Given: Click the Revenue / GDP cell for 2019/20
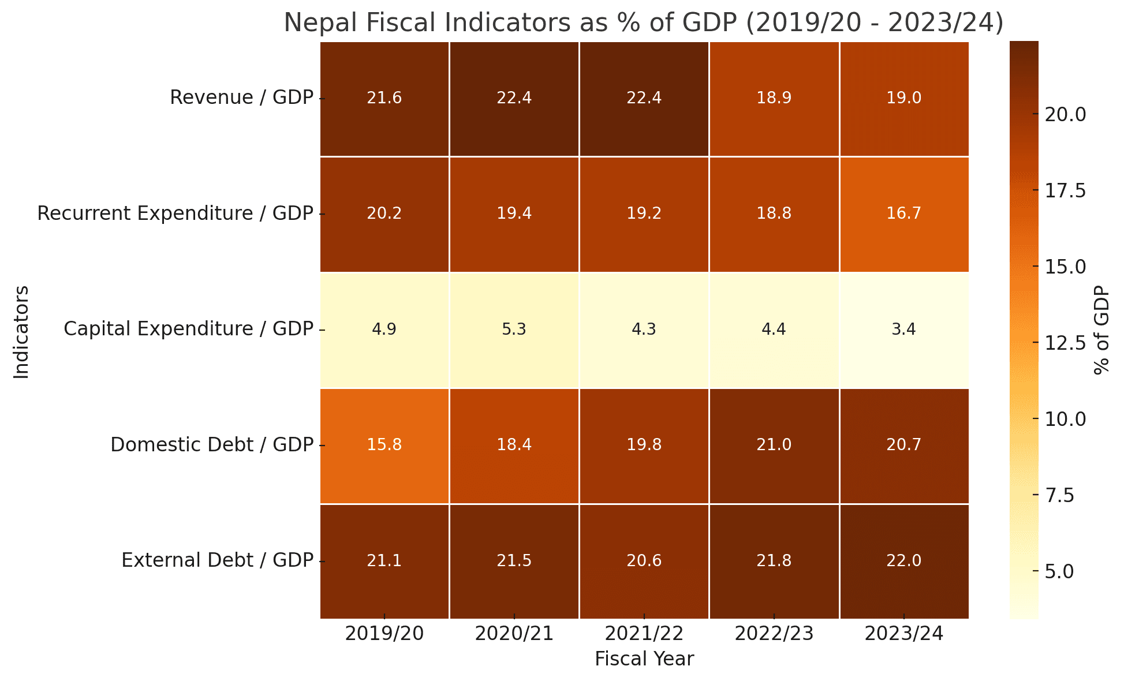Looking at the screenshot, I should point(384,98).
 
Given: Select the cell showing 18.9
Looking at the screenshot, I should point(774,98).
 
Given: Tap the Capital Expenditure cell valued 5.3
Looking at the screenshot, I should point(514,330).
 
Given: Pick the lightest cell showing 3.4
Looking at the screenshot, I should point(903,330).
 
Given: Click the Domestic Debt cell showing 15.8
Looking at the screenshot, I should point(384,446).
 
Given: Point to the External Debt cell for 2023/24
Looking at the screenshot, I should point(903,561).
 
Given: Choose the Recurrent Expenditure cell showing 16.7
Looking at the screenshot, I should point(903,214).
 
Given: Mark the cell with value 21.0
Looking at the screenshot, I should point(774,446).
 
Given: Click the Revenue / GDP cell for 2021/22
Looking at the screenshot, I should point(644,98).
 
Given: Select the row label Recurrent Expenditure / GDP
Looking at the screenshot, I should point(175,214).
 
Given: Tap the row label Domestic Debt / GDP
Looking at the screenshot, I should point(211,446).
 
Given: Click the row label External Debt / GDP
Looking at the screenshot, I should point(217,561).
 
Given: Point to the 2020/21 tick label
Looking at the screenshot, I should point(514,634).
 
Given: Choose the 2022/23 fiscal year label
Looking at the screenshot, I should point(774,634).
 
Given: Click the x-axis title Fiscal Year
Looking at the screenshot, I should point(644,659).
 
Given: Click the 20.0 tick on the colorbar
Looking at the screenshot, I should point(1065,114).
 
